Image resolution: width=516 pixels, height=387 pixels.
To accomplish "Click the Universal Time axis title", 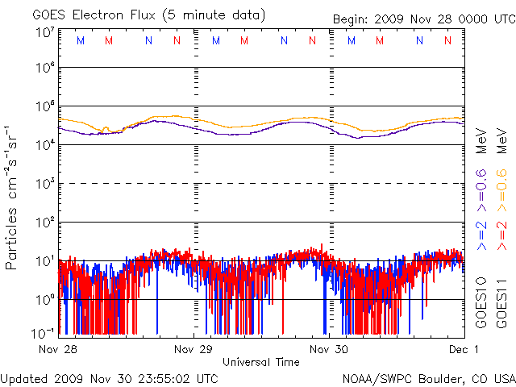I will (261, 362).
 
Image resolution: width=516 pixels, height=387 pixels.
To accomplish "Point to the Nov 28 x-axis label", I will (58, 350).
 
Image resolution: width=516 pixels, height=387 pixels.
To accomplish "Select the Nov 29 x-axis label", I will (194, 350).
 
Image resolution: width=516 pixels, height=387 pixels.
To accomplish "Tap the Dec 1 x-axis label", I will (463, 350).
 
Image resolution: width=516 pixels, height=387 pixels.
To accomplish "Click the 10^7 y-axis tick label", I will (44, 32).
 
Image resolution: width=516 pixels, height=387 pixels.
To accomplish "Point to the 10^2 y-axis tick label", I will (44, 221).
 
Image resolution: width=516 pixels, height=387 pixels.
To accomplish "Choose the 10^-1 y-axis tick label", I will (44, 332).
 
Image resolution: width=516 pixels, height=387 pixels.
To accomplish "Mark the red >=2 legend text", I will (501, 234).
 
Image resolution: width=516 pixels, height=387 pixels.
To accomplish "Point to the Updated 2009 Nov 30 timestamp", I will (110, 377).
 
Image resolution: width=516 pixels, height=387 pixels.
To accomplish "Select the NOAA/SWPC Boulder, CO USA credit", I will (428, 377).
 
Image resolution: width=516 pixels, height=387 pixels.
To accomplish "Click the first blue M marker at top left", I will (80, 40).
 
